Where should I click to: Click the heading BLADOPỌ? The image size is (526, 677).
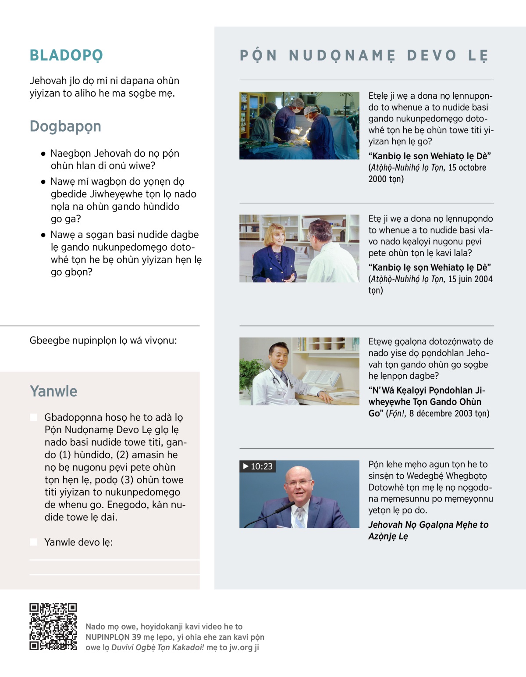(x=66, y=55)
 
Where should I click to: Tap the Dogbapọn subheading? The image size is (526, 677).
(x=65, y=126)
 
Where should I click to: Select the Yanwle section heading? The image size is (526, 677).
(x=53, y=391)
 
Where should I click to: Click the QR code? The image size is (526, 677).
(x=53, y=626)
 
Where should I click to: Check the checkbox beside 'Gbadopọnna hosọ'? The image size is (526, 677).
(x=33, y=417)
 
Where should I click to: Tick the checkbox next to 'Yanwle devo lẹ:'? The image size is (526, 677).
(x=33, y=542)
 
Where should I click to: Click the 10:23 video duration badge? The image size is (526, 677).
(x=258, y=466)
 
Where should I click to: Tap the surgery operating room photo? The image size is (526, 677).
(x=299, y=125)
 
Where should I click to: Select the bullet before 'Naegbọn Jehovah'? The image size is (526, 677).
(x=43, y=154)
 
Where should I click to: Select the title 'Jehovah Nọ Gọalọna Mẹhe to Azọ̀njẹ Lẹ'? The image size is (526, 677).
(x=428, y=530)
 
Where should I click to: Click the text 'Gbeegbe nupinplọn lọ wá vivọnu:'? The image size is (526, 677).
(x=103, y=340)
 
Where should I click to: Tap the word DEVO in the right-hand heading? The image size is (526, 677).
(x=432, y=55)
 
